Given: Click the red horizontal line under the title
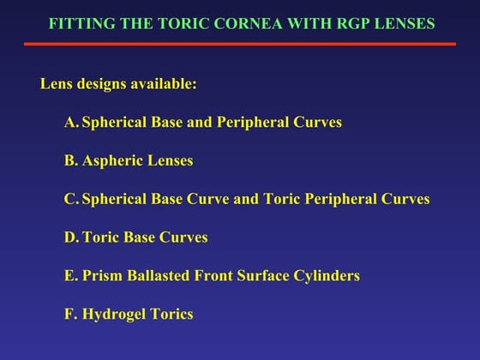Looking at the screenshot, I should coord(240,43).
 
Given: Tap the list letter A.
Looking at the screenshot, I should coord(70,123).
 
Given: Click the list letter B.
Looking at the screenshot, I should coord(69,161).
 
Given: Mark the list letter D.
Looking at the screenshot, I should coord(70,237).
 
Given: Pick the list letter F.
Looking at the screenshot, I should coord(69,314).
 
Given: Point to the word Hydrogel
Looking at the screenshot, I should coord(114,315).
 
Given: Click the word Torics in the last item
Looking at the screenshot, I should coord(171,314).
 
